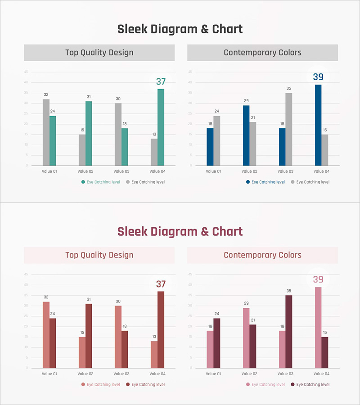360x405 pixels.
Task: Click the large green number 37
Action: pos(161,82)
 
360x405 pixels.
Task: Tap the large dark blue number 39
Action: pos(318,77)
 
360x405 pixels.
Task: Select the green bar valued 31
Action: pos(89,133)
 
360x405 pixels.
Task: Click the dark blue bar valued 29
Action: pos(246,135)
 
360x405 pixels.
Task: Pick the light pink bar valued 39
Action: pos(318,327)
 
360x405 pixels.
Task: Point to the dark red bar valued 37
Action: pos(161,329)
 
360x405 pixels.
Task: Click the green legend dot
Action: pos(83,182)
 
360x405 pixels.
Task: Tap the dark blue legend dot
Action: pos(248,182)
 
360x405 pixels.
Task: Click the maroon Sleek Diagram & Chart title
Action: pos(180,232)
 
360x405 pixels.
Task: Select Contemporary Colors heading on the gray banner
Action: pos(262,53)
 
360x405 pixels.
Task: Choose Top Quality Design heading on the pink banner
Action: pos(99,255)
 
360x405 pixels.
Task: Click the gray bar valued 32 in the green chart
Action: pos(46,132)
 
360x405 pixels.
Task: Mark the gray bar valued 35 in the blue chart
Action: pos(289,129)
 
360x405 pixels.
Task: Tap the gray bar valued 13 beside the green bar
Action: pos(154,152)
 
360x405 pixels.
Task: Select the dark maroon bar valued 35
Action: pos(289,332)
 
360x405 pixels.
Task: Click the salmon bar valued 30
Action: pos(118,337)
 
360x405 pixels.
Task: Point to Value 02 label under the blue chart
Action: pos(249,171)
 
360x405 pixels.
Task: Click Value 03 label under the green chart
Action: pos(121,171)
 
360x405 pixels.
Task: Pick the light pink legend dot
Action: pos(248,385)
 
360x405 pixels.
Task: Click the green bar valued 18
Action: pos(125,147)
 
